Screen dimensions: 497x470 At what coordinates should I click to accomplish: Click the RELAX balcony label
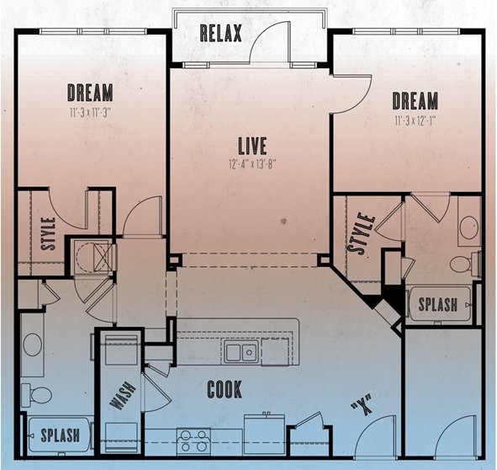pos(221,34)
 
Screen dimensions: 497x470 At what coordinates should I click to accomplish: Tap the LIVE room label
pos(252,146)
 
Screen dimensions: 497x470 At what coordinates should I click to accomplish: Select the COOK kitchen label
pos(225,389)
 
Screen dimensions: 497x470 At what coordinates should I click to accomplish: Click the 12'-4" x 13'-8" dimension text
pos(252,164)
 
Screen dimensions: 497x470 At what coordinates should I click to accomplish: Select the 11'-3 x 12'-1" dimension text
pos(415,121)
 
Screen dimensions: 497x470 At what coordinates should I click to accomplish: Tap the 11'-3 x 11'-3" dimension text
pos(91,113)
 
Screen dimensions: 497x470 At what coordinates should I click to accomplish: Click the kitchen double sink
pos(241,352)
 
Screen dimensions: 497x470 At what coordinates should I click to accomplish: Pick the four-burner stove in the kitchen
pos(193,441)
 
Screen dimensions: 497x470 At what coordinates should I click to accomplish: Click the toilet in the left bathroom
pos(36,396)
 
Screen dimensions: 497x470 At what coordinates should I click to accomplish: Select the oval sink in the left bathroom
pos(32,344)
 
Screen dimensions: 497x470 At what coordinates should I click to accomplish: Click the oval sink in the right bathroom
pos(469,227)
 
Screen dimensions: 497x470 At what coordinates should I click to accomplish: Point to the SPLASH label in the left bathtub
pos(61,435)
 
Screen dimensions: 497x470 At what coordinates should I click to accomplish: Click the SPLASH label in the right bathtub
pos(438,304)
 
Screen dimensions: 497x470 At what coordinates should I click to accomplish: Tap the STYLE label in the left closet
pos(49,233)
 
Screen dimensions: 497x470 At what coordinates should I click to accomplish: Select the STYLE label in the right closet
pos(362,233)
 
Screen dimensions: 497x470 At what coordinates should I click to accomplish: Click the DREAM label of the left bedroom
pos(90,93)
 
